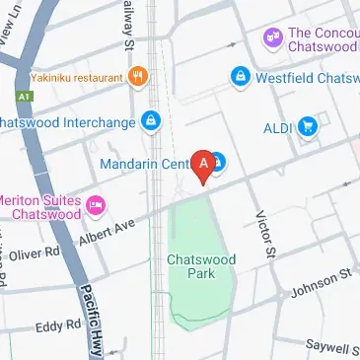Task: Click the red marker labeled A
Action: pos(204,164)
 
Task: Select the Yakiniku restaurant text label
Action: pos(75,76)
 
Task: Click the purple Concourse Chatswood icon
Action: pos(271,38)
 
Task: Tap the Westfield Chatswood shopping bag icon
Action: pos(238,76)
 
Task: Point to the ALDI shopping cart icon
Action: pos(308,126)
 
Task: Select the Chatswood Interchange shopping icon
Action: pos(150,122)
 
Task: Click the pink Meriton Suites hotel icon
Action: pos(96,205)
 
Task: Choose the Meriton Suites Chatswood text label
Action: pos(39,205)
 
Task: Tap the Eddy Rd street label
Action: pos(58,324)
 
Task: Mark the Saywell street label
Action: pos(331,348)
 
